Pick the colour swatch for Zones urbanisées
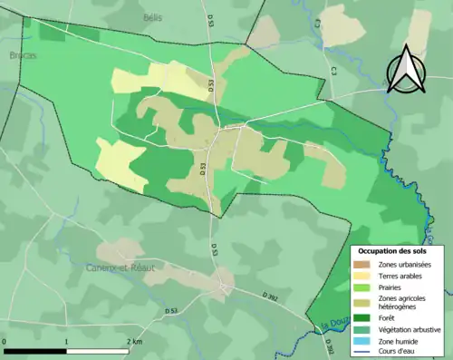pos(361,264)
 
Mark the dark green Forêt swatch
pos(361,317)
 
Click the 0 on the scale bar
pos(5,342)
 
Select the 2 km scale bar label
pos(133,342)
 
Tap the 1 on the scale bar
pos(68,342)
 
